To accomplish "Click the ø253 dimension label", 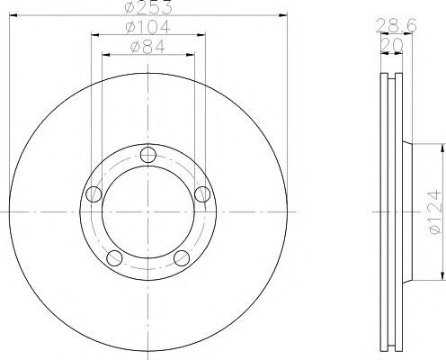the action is (148, 7).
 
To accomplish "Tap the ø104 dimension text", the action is (148, 27).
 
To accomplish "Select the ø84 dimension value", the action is (148, 47).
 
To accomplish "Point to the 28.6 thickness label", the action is (396, 25).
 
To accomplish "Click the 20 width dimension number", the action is (392, 46).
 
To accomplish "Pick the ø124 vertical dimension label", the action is (435, 211).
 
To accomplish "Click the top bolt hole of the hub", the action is (148, 155).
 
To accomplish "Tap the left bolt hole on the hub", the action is (94, 194).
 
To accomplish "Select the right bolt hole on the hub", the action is (202, 194).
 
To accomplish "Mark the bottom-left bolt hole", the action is (114, 258).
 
